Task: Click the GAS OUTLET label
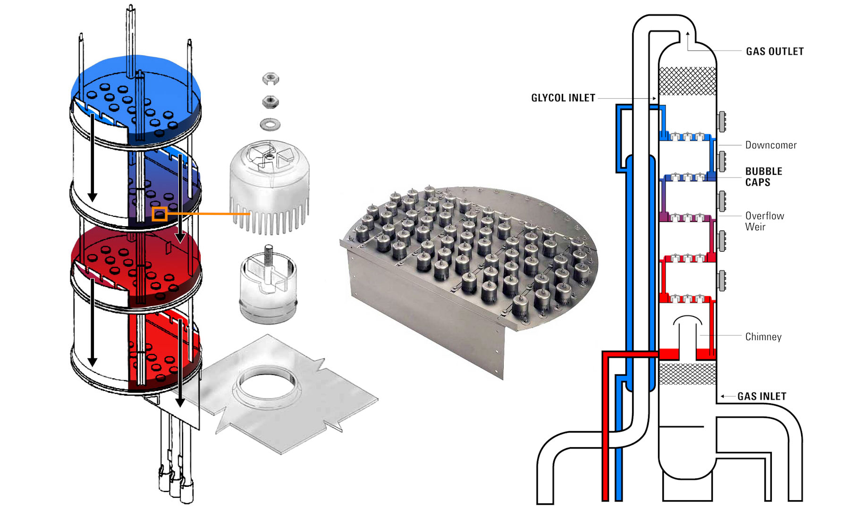coord(774,51)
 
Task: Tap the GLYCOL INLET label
coord(563,98)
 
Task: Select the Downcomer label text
coord(770,145)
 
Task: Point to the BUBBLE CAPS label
coord(763,177)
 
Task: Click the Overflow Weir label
coord(764,221)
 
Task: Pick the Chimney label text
coord(763,337)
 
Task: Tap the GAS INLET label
coord(761,396)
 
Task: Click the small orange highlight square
coord(160,214)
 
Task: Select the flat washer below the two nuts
coord(270,125)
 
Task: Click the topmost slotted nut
coord(270,78)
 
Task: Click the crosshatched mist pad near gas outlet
coord(687,81)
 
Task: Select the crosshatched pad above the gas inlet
coord(687,373)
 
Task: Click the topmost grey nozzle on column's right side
coord(721,121)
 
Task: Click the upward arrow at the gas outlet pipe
coord(688,34)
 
